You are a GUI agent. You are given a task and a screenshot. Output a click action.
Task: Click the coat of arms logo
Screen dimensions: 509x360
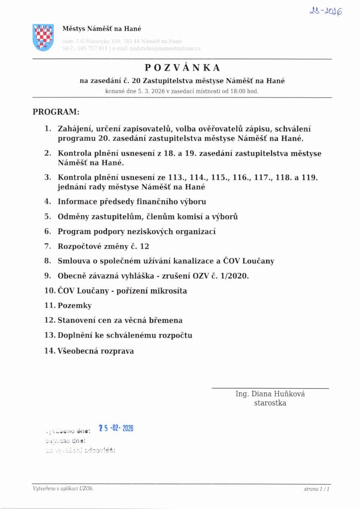click(43, 37)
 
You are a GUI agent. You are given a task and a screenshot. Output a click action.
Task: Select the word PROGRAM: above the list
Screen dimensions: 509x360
click(56, 112)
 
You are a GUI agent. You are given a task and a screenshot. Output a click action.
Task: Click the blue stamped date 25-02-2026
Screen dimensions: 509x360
click(116, 428)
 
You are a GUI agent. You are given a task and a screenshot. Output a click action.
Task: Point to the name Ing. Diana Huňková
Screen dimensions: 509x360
click(270, 394)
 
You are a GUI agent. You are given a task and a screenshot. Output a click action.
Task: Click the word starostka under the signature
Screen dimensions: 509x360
click(270, 403)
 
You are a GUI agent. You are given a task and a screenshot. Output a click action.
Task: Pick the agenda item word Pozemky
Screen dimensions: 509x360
click(75, 306)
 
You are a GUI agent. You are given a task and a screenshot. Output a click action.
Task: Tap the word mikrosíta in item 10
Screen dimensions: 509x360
click(170, 291)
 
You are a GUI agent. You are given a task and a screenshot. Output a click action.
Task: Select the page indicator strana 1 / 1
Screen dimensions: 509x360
click(317, 490)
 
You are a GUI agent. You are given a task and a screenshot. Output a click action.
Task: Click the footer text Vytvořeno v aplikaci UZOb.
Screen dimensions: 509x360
click(63, 489)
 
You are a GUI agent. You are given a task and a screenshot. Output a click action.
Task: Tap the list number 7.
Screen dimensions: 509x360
click(48, 246)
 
